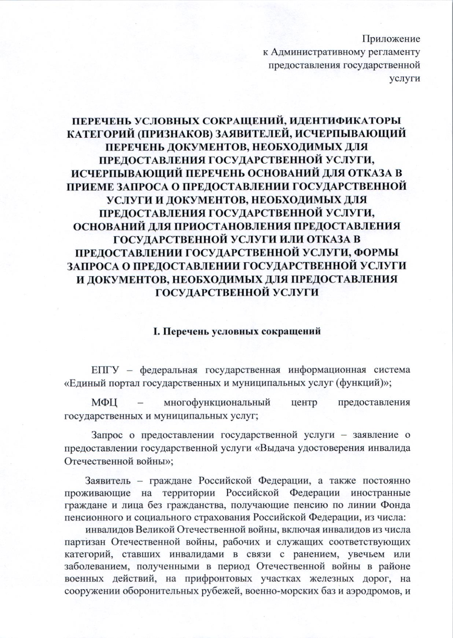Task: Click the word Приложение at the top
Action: click(x=391, y=39)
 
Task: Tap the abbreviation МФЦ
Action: click(x=104, y=402)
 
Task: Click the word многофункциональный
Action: click(x=217, y=402)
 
